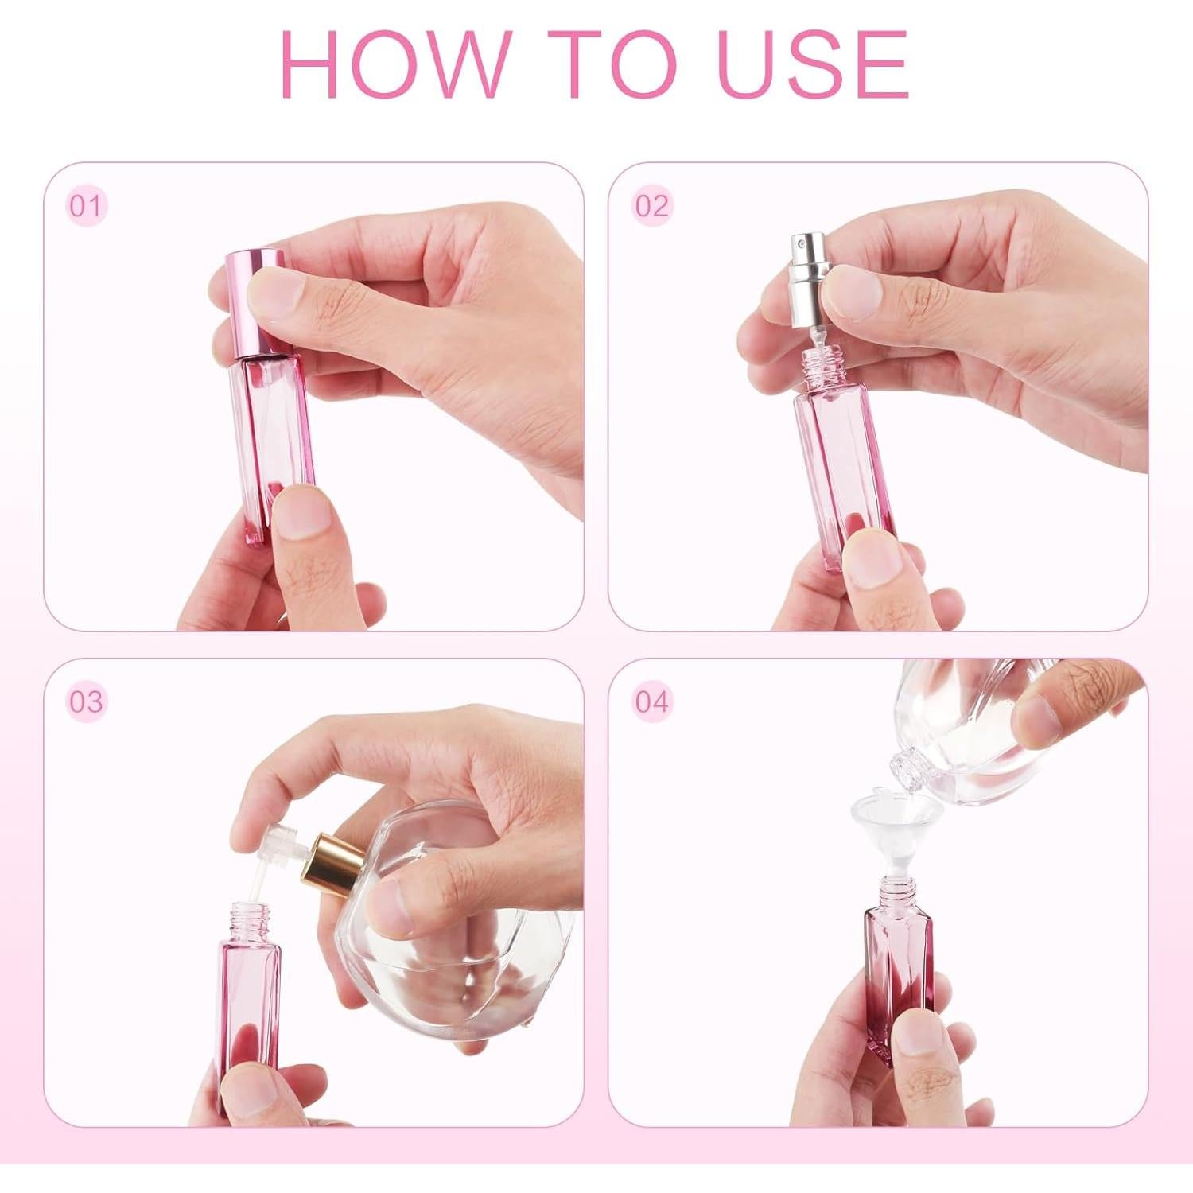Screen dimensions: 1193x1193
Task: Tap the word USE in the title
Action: [x=812, y=64]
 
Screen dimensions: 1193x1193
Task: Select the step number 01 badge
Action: [x=85, y=206]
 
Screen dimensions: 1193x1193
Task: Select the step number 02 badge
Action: [x=651, y=206]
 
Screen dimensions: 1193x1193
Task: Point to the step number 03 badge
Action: [x=85, y=701]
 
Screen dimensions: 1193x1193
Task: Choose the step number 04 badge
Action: [x=651, y=701]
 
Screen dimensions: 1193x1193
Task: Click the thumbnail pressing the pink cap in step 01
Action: [x=274, y=291]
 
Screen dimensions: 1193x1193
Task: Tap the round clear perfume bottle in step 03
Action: [x=445, y=954]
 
